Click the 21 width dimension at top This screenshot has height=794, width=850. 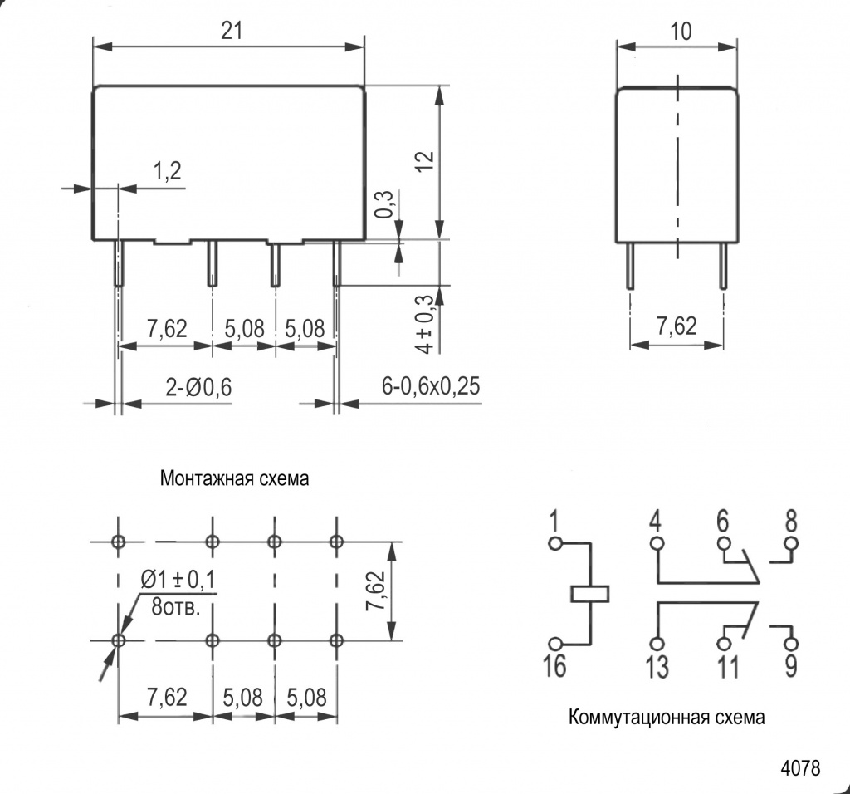(x=232, y=31)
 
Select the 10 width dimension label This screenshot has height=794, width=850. (x=681, y=32)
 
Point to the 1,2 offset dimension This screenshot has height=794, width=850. (x=167, y=171)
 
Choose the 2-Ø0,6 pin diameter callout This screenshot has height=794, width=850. (x=198, y=386)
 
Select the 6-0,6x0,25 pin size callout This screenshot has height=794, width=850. (x=432, y=386)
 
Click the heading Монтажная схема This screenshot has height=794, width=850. (x=235, y=479)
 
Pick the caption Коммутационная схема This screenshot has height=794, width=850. (x=667, y=717)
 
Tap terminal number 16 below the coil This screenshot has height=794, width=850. (x=554, y=666)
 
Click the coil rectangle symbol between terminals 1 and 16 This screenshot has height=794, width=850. (x=590, y=594)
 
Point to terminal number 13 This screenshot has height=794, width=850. (x=657, y=667)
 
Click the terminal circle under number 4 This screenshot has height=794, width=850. (x=657, y=544)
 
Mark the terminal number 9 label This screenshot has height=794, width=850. (x=791, y=666)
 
